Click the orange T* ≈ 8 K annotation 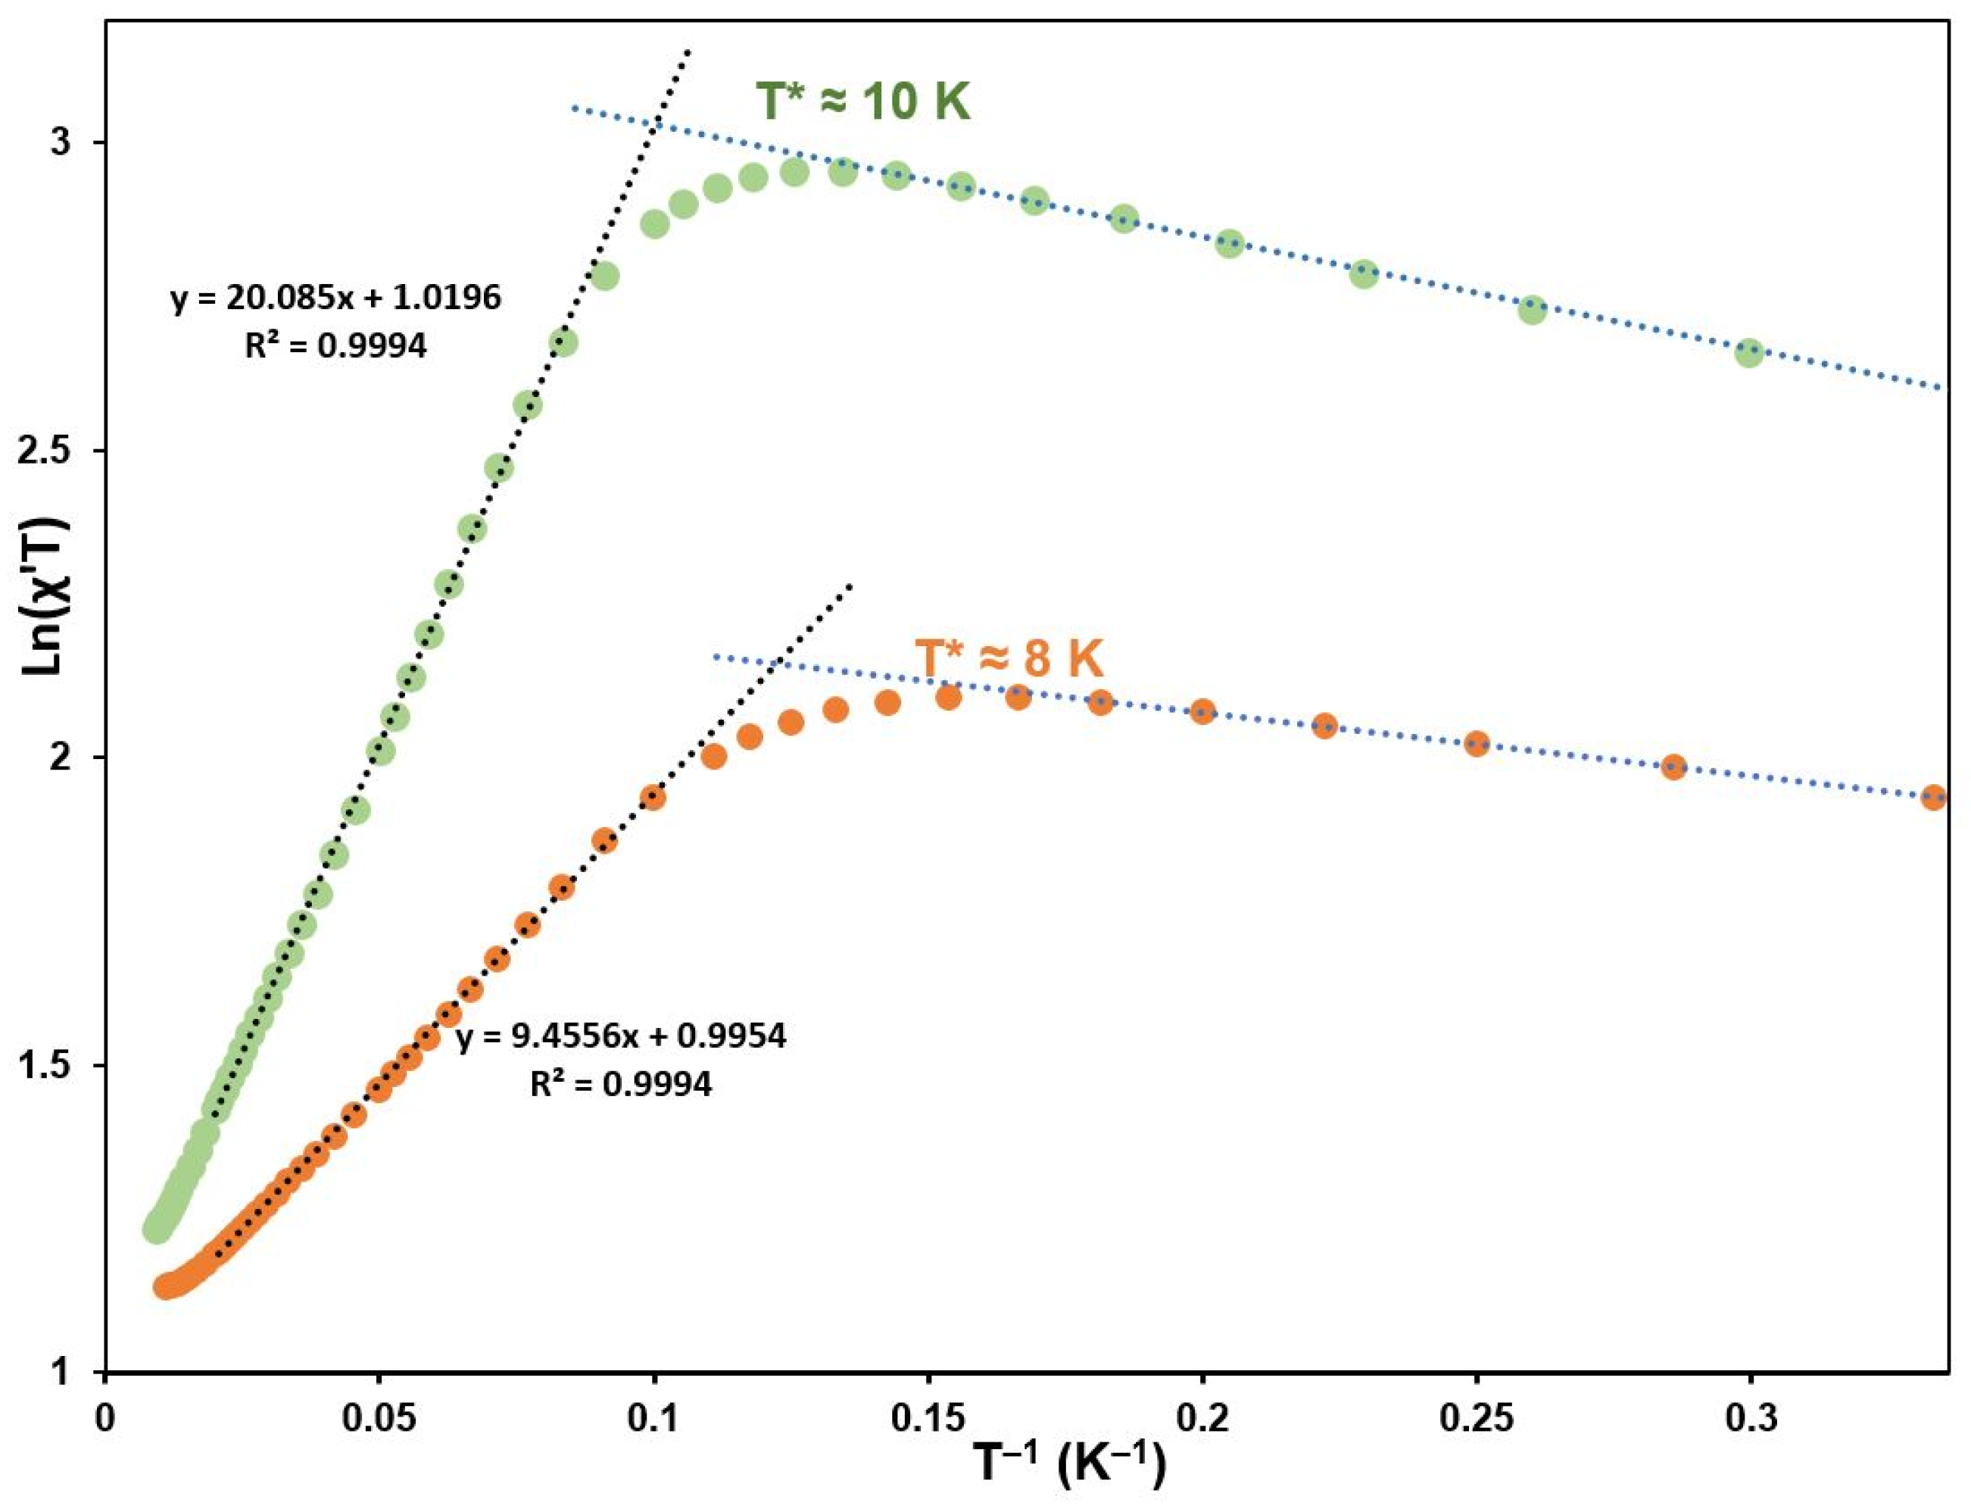1009,659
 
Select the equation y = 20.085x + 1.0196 335,297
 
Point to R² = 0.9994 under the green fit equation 335,345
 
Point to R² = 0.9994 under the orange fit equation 621,1083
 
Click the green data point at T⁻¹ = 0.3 1750,353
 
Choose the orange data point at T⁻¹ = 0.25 1477,743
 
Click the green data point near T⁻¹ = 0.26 1532,311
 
